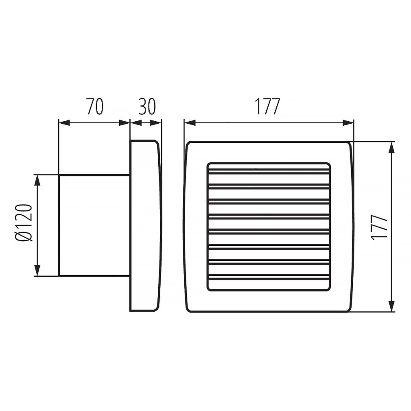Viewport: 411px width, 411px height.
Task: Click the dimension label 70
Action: point(95,107)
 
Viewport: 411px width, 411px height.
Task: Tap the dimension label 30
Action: point(147,107)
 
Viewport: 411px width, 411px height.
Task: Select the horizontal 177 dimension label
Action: point(268,107)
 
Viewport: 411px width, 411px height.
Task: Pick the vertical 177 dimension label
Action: point(379,227)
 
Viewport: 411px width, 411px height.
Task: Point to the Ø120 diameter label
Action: point(24,223)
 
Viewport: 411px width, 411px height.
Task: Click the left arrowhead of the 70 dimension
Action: point(64,122)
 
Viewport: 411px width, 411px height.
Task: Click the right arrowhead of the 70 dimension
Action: point(124,122)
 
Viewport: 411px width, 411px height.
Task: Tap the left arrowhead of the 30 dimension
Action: point(136,122)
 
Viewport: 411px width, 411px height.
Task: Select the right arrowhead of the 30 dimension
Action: point(156,122)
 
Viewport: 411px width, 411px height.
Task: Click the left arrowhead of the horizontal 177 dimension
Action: point(190,122)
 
